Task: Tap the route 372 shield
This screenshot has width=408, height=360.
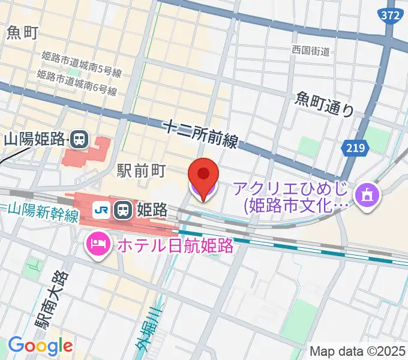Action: [390, 17]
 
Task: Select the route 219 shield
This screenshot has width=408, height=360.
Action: [353, 147]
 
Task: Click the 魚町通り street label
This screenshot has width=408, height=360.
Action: [325, 104]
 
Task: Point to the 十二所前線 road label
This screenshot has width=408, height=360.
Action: [200, 134]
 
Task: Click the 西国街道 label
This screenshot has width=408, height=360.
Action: [311, 50]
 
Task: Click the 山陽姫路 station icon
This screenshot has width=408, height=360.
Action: [79, 140]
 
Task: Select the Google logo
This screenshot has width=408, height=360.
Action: [40, 346]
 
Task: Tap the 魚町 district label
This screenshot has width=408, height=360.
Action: [22, 32]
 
